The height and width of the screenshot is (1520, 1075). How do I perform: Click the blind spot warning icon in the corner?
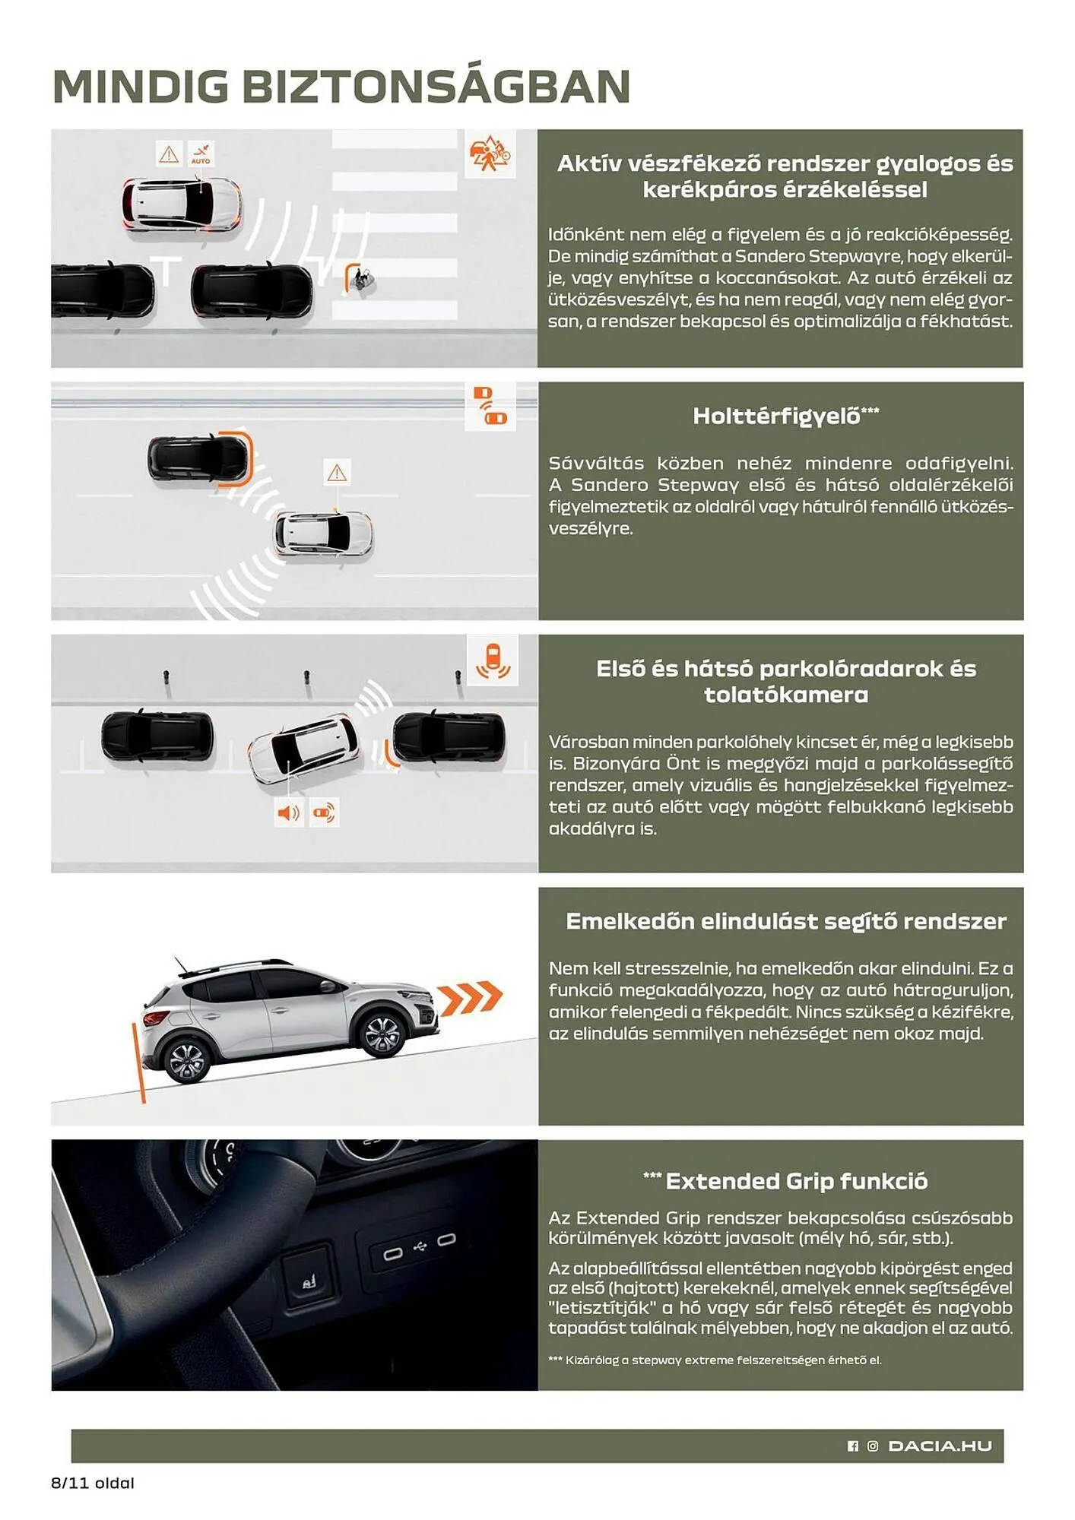490,406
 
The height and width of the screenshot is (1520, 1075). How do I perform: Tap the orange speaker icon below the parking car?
288,813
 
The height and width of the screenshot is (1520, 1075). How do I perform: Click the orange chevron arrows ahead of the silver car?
471,998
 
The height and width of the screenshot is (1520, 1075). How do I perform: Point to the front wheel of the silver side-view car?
382,1034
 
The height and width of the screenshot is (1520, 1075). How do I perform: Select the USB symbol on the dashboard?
420,1246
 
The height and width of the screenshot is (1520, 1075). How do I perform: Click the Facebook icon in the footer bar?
853,1446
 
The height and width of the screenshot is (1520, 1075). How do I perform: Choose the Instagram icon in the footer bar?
873,1446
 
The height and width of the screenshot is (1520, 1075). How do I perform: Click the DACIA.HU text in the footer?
940,1446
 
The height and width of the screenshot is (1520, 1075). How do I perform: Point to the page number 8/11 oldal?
93,1483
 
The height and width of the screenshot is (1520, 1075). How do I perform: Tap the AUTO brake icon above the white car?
201,154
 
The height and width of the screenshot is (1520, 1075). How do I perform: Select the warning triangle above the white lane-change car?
337,473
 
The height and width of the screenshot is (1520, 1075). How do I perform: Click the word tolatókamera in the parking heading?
785,695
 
